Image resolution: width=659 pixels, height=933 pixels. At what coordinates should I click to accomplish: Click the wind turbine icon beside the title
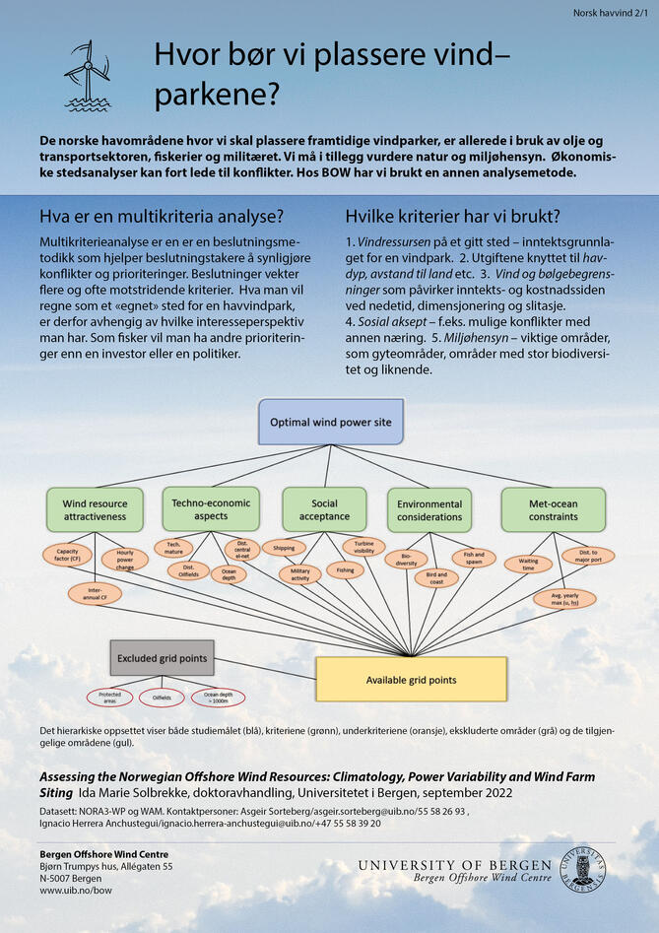point(88,75)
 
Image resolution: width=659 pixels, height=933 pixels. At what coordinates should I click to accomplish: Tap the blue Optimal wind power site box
point(330,422)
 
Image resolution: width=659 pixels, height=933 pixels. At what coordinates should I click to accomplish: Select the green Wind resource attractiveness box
point(95,508)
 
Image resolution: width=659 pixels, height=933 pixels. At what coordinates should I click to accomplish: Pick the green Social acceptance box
point(324,508)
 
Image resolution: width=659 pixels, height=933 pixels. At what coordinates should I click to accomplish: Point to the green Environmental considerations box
point(428,508)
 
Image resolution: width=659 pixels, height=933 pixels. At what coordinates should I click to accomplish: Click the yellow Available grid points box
point(411,679)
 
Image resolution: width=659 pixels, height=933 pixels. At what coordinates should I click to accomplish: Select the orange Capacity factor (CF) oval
point(68,554)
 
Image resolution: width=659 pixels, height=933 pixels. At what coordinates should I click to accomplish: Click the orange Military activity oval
point(299,573)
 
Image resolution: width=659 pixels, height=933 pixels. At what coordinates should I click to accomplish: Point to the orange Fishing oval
point(345,569)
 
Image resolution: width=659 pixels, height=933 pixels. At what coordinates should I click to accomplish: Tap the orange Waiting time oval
point(528,564)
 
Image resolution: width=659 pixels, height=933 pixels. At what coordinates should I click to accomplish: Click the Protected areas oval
point(109,698)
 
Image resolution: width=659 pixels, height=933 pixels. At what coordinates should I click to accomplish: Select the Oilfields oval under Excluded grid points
point(162,698)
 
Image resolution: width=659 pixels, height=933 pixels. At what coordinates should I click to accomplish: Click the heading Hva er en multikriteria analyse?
point(162,217)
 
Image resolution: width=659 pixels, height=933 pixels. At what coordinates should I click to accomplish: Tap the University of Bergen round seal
point(583,870)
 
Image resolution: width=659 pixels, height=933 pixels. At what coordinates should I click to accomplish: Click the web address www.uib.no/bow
point(76,890)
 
